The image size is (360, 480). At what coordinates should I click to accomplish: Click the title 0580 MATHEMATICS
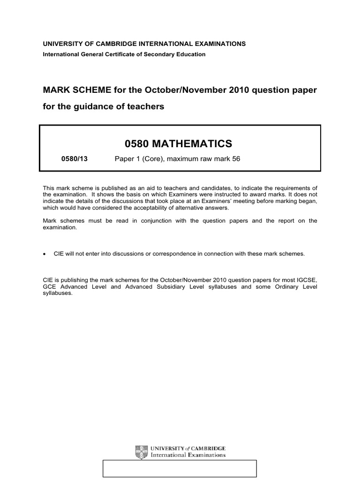click(180, 143)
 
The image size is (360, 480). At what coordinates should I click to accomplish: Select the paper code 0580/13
click(75, 159)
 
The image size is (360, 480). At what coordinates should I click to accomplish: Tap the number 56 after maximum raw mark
click(236, 159)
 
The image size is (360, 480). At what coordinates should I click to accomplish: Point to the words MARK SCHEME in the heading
click(70, 90)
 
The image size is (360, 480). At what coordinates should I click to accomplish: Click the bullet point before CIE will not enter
click(45, 254)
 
